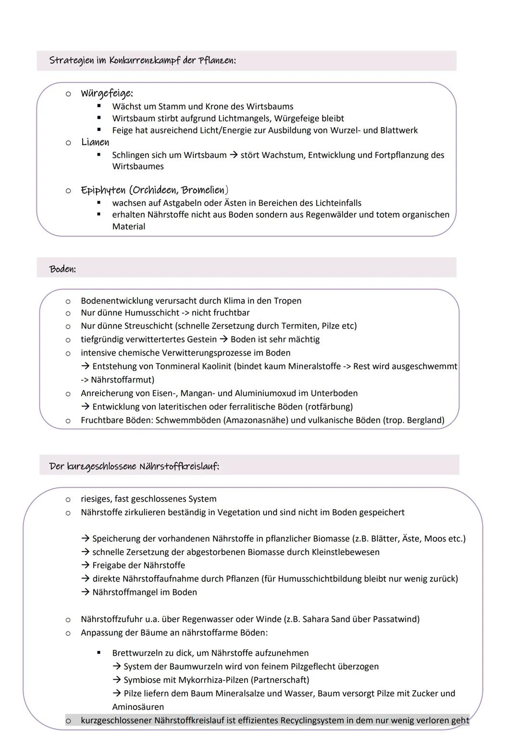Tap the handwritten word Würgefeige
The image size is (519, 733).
click(106, 94)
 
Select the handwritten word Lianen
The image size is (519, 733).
click(95, 142)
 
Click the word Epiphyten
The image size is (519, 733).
click(104, 191)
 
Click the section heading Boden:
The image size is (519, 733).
click(62, 269)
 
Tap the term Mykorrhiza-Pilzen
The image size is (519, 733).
click(213, 680)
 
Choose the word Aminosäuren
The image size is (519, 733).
click(138, 707)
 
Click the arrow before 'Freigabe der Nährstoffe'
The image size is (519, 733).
click(85, 565)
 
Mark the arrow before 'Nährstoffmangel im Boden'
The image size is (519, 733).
click(85, 592)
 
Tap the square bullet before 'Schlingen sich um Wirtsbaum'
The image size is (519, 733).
click(99, 155)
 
